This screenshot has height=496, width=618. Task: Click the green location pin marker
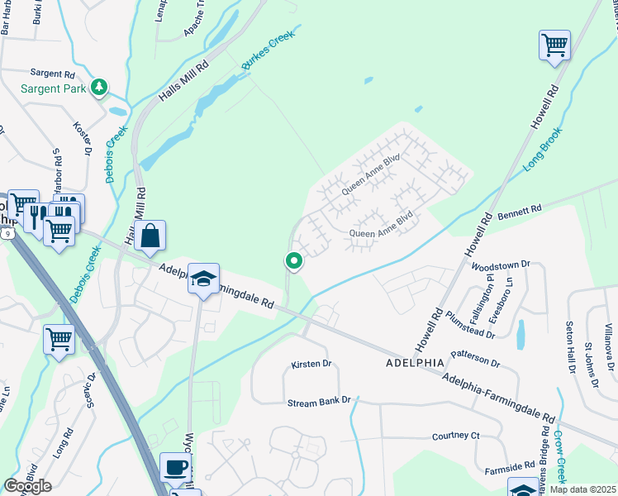(x=293, y=261)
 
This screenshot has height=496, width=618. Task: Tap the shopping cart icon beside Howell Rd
(x=554, y=45)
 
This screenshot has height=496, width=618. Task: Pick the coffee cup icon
(x=174, y=467)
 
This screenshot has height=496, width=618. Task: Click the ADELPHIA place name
(x=415, y=363)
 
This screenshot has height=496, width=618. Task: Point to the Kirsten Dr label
(x=311, y=364)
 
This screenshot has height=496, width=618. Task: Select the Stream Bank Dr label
(x=319, y=401)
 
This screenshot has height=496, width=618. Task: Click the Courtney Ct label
(x=455, y=436)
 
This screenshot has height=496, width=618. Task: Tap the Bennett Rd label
(x=518, y=213)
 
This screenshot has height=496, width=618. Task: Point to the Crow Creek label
(x=560, y=459)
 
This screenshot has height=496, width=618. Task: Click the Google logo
(x=27, y=486)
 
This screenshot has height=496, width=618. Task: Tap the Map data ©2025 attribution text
(x=582, y=489)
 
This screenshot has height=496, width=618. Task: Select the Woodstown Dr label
(x=499, y=266)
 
